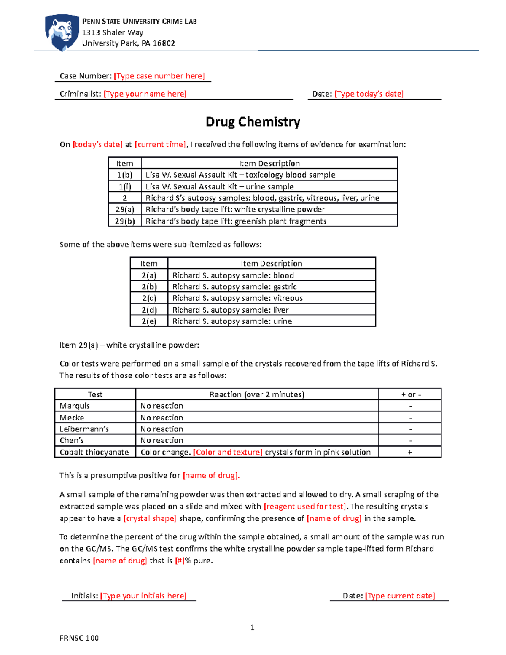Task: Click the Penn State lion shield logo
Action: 62,32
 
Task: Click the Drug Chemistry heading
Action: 253,122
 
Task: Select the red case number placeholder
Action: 159,76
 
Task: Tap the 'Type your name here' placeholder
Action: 145,94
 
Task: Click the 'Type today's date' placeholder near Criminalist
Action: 369,94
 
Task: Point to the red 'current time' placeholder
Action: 160,144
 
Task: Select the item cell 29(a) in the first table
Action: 124,209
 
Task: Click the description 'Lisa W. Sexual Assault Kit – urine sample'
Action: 219,186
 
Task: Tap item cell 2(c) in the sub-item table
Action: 149,298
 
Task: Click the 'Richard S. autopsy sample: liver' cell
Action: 230,310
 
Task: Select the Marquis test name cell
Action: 75,406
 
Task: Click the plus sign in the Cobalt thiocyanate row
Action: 409,452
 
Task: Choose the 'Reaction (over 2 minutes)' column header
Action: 256,394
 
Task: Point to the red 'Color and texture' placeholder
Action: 227,452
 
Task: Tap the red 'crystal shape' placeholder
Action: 149,518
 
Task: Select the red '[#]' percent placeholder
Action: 180,561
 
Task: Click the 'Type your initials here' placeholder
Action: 143,596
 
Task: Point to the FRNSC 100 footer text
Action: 79,638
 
